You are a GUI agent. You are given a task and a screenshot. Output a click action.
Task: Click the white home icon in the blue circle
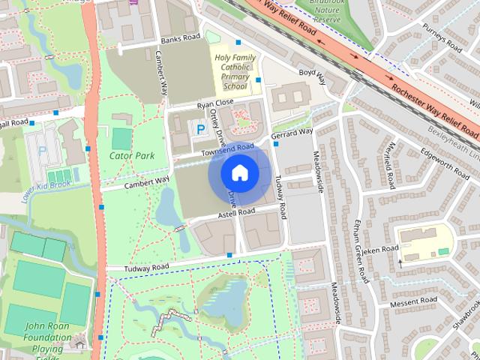239,172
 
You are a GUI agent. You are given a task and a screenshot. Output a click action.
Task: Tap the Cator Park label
131,156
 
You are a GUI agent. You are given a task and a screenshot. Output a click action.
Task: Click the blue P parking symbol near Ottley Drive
199,130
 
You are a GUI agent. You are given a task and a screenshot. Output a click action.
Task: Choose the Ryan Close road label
216,102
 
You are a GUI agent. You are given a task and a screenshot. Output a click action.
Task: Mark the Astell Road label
237,213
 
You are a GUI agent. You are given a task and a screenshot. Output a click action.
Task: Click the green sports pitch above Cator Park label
121,139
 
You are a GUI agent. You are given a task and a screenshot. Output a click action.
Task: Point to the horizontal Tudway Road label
138,267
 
